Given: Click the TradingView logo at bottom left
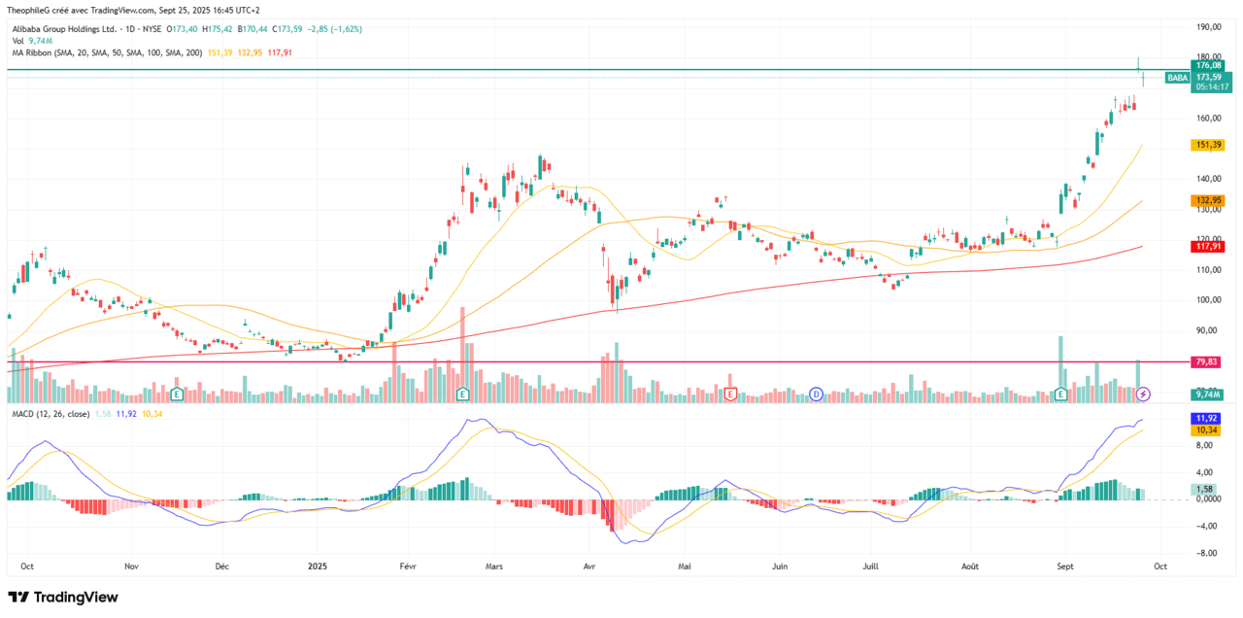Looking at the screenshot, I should pyautogui.click(x=63, y=597).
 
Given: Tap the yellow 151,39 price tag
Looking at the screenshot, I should pyautogui.click(x=1207, y=145).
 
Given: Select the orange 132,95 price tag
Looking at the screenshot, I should pyautogui.click(x=1207, y=200).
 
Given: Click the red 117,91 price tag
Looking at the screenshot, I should pyautogui.click(x=1207, y=246).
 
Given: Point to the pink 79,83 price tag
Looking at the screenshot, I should pyautogui.click(x=1206, y=361).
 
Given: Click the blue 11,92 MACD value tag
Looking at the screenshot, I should pyautogui.click(x=1206, y=418).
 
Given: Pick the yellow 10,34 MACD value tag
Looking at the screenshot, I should pyautogui.click(x=1206, y=429).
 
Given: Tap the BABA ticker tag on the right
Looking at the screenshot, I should pyautogui.click(x=1177, y=77).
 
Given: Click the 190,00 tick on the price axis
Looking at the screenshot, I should pyautogui.click(x=1208, y=27).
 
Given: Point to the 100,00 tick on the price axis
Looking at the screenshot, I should pyautogui.click(x=1208, y=300).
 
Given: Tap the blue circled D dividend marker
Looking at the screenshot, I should pyautogui.click(x=817, y=394).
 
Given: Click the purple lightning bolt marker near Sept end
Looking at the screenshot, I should pyautogui.click(x=1144, y=394).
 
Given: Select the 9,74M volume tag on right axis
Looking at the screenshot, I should pyautogui.click(x=1207, y=394).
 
